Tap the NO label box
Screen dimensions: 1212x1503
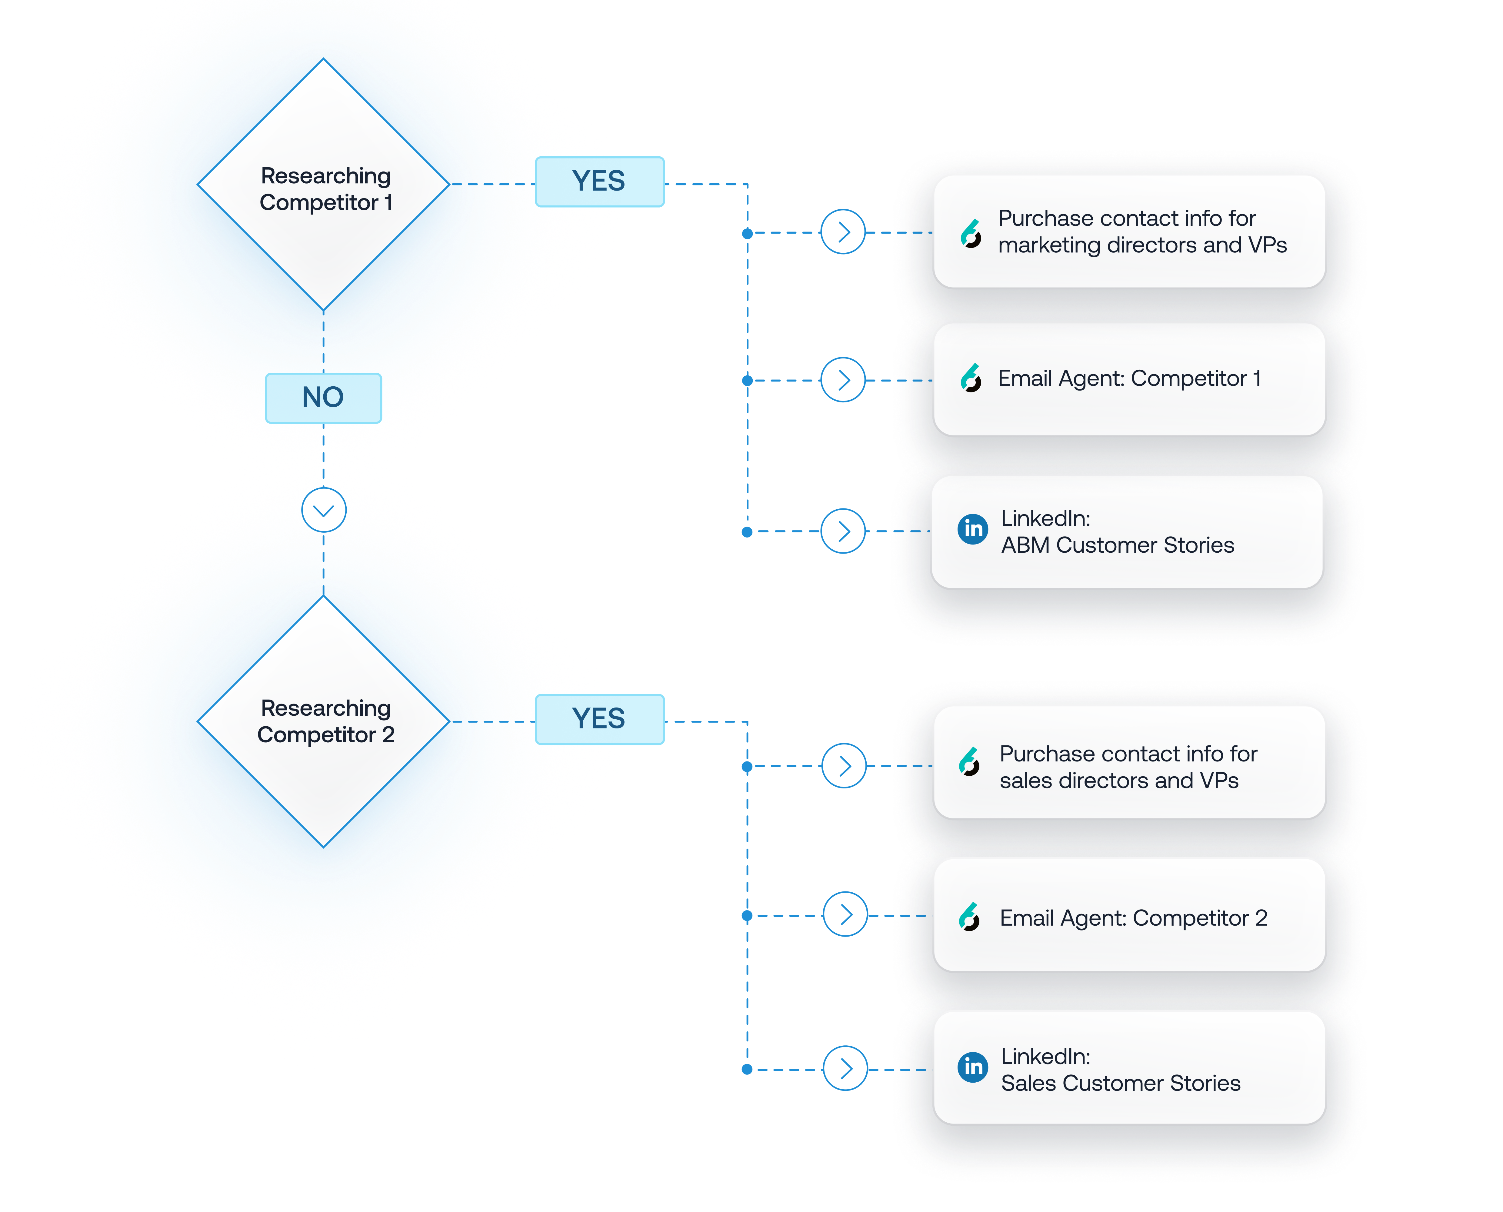point(323,397)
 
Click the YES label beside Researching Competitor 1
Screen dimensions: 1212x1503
point(599,181)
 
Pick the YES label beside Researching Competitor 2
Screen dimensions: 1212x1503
point(599,719)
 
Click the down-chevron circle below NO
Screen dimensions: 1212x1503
point(323,510)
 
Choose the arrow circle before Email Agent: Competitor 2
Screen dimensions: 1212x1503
point(845,914)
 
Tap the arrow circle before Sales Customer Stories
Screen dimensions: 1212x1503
point(845,1068)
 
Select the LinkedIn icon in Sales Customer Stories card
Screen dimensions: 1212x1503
point(972,1067)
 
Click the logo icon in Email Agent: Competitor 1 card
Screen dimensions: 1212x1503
point(970,378)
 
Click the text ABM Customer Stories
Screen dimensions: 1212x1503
point(1117,545)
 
